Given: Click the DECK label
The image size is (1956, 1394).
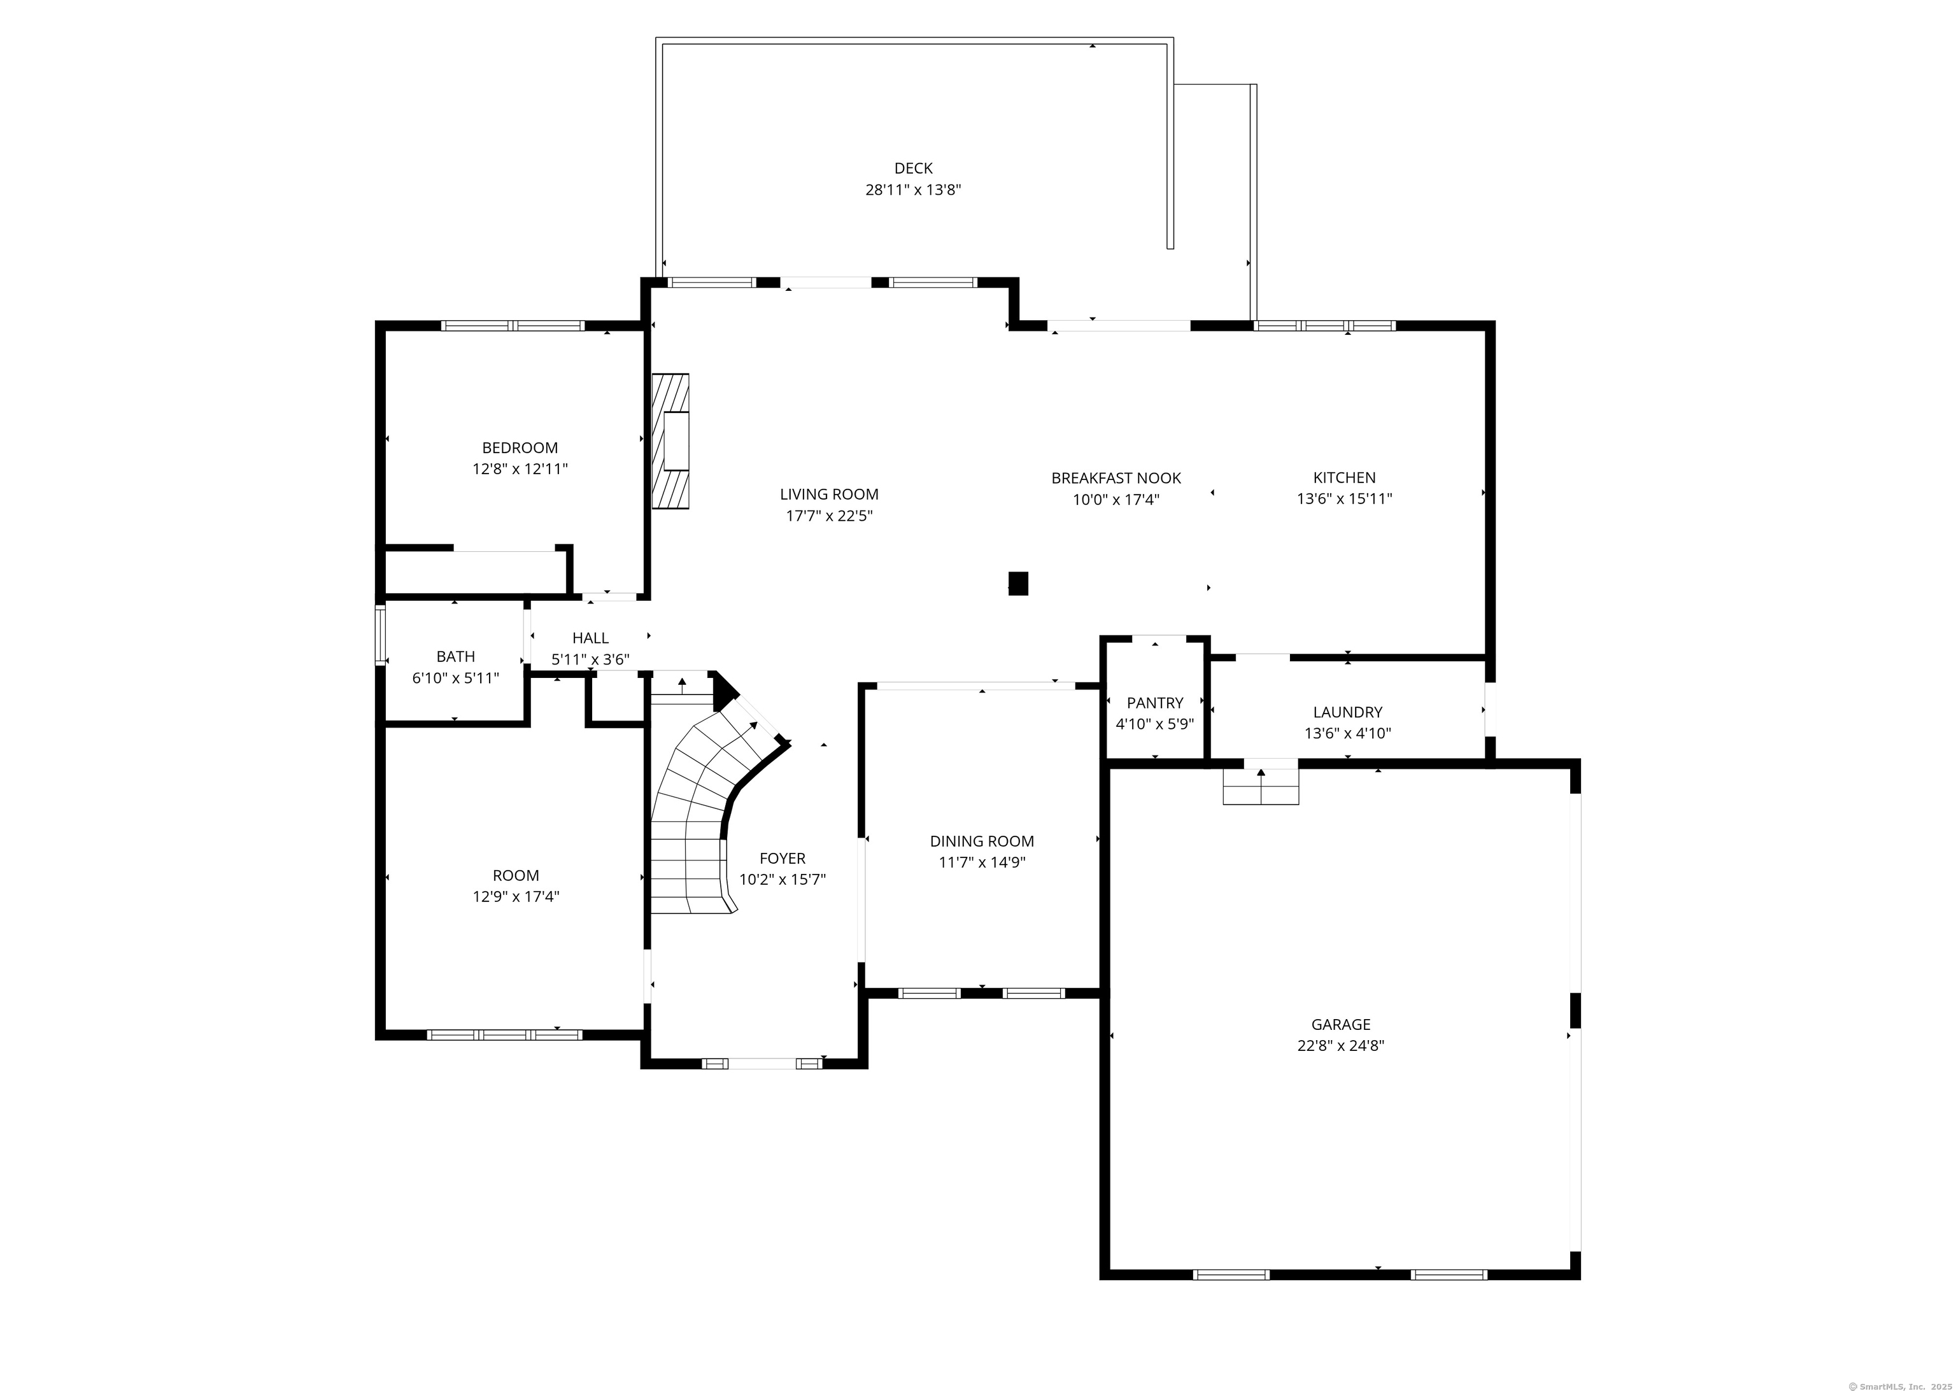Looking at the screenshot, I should click(913, 168).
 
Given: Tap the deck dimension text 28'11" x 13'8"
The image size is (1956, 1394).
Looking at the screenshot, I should click(913, 190).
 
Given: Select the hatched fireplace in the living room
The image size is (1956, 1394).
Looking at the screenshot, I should click(670, 441).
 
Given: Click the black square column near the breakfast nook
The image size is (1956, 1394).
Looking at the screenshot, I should click(1017, 584).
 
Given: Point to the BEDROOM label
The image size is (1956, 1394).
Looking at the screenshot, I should click(520, 448).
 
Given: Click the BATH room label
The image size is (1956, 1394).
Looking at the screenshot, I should click(455, 657).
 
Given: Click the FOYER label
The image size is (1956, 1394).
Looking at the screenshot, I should click(783, 859).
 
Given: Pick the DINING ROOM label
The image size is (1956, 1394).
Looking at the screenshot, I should click(981, 841).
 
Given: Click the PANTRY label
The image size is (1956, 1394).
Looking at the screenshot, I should click(1155, 703).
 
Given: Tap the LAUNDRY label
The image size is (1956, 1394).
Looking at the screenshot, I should click(1347, 712).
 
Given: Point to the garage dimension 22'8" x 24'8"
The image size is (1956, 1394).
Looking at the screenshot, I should click(1340, 1045).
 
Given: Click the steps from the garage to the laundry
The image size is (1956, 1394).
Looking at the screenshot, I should click(1261, 786).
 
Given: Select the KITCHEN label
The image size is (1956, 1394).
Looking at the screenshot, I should click(1343, 478).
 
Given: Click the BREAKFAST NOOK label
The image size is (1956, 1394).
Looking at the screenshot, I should click(1116, 478).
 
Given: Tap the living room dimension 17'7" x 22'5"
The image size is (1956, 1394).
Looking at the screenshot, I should click(828, 516).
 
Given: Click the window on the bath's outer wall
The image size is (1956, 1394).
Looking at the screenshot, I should click(379, 635).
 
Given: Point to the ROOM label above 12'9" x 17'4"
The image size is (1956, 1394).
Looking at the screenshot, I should click(515, 875).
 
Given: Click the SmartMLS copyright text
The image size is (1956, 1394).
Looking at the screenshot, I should click(1896, 1386).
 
